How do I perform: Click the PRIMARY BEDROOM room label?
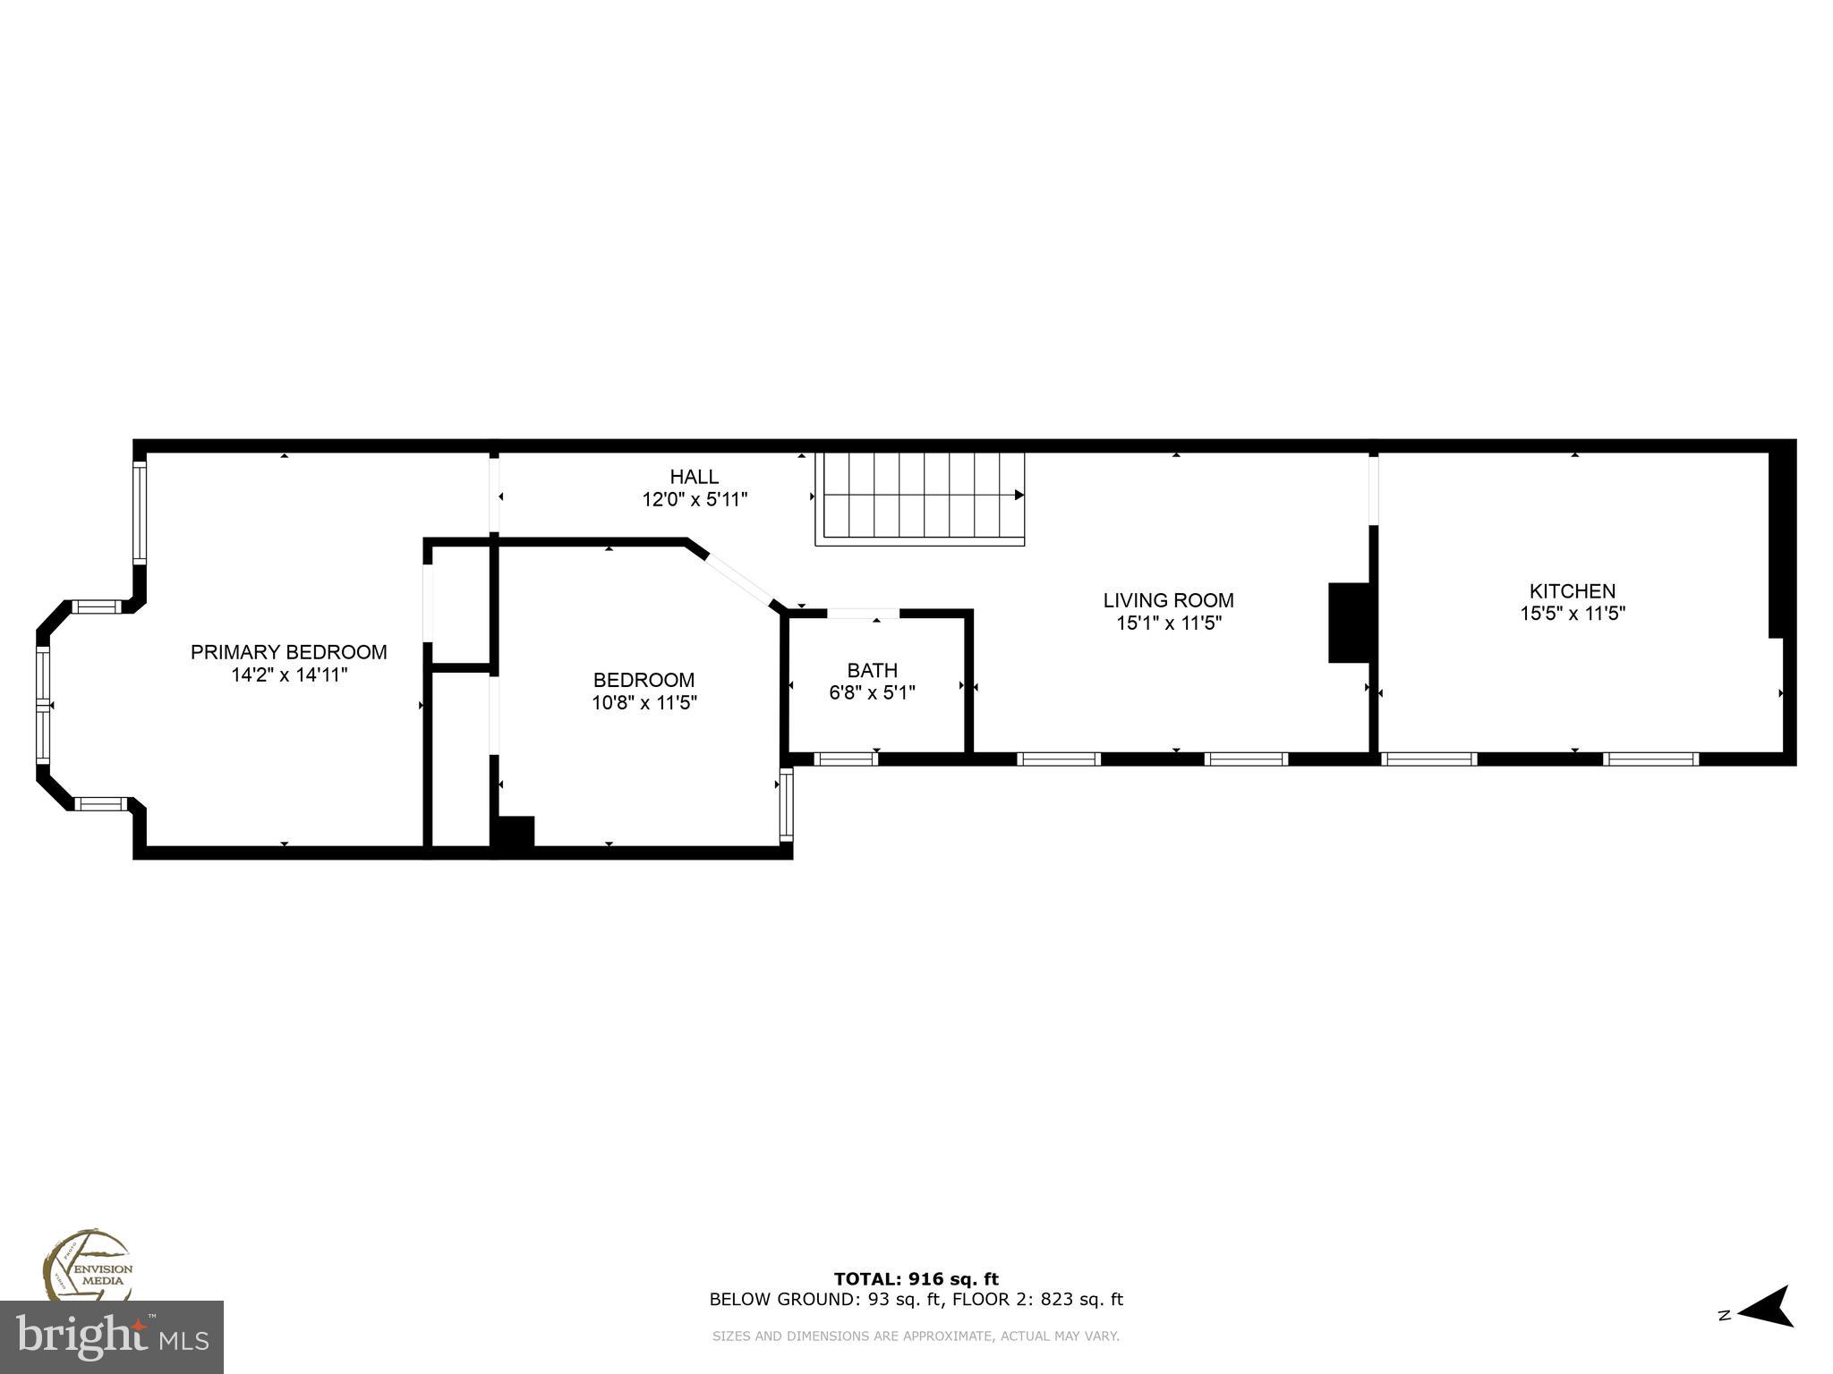pos(288,652)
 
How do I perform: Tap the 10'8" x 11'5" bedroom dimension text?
pos(644,703)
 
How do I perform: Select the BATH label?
pos(872,670)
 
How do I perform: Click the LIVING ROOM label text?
pos(1168,600)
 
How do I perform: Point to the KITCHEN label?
pos(1572,591)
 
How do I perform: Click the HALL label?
pos(694,477)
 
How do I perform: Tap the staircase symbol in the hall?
pos(919,498)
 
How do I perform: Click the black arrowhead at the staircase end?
pos(1019,495)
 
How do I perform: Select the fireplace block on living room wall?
pos(1349,623)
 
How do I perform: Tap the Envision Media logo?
pos(88,1265)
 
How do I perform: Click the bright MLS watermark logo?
pos(111,1336)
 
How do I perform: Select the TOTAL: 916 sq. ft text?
pos(916,1279)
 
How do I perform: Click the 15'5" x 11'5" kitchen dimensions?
pos(1572,614)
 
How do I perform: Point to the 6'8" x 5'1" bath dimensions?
pos(872,692)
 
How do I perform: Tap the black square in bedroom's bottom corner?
pos(515,831)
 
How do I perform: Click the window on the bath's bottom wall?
pos(845,759)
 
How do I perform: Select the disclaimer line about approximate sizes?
pos(916,1336)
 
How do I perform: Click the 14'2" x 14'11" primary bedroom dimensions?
pos(288,675)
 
